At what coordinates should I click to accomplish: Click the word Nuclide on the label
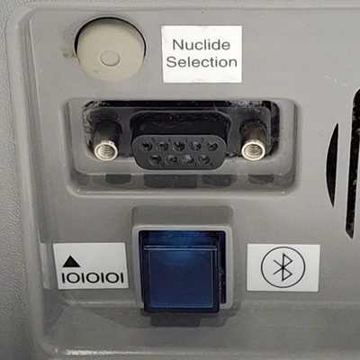(202, 45)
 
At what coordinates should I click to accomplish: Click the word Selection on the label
(202, 62)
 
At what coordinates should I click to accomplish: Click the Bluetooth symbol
(283, 267)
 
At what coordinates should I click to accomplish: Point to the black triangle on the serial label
(71, 262)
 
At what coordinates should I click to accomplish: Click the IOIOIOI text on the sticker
(93, 278)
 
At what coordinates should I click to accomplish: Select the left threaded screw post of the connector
(105, 149)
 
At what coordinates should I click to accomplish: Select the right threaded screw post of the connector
(253, 150)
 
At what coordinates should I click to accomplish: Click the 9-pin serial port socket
(179, 152)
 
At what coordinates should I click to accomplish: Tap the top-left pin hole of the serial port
(146, 147)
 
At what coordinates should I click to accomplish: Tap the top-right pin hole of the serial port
(212, 147)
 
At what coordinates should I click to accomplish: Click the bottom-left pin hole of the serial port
(155, 159)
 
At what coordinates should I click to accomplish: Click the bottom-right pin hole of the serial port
(204, 159)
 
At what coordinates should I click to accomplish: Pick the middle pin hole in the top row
(179, 147)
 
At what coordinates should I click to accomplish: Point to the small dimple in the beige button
(110, 58)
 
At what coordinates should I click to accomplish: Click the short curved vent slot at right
(333, 165)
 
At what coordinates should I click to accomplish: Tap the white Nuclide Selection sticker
(202, 54)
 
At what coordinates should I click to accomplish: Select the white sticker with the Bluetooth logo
(283, 267)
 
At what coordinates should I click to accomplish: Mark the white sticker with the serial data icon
(90, 265)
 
